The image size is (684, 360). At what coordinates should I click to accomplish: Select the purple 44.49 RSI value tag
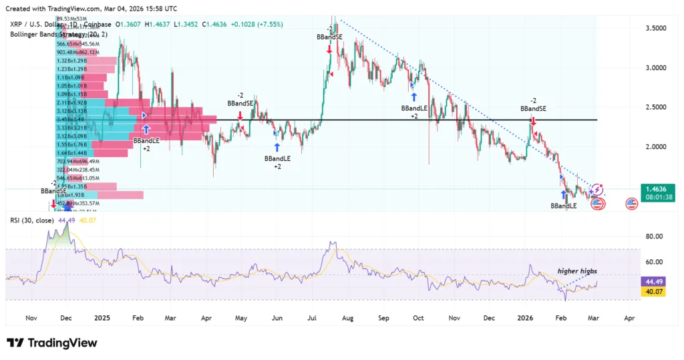(652, 281)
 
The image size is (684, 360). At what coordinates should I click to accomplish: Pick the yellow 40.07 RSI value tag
(652, 292)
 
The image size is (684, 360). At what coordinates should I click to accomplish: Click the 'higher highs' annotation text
(577, 271)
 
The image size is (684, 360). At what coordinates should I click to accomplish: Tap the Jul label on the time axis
(312, 319)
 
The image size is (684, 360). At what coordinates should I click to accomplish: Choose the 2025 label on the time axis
(103, 319)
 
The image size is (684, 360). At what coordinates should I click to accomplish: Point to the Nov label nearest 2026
(454, 319)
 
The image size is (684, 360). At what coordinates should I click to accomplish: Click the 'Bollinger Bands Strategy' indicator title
(47, 33)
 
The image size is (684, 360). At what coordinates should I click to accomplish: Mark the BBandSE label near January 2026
(533, 108)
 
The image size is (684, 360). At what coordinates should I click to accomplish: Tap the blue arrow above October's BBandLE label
(414, 97)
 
